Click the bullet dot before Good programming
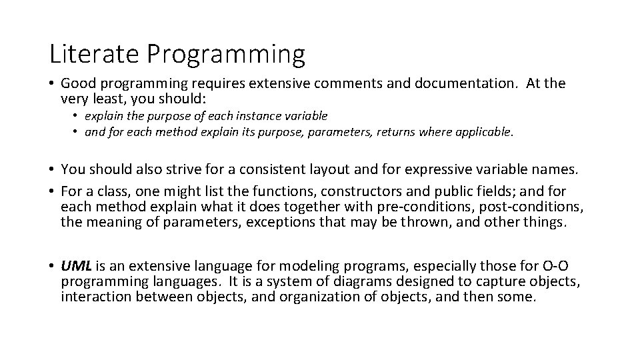[x=51, y=84]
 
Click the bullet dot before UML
[x=51, y=267]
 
